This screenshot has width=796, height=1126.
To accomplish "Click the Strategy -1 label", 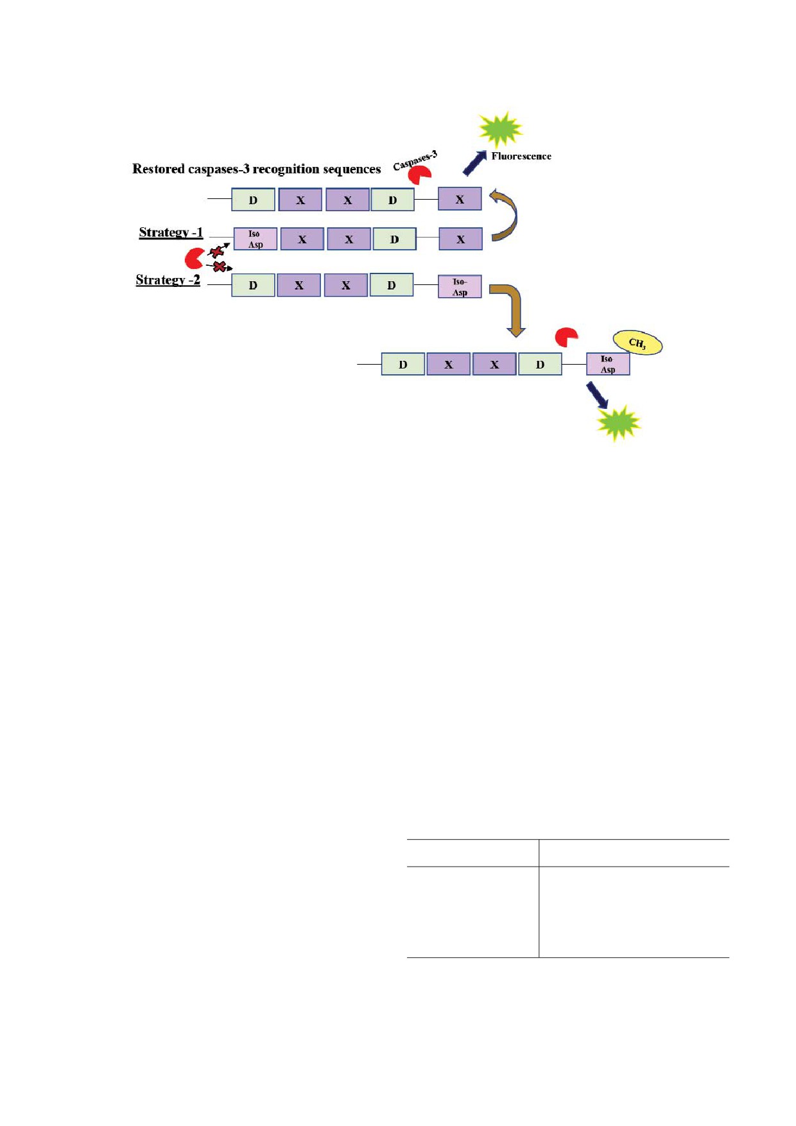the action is (171, 232).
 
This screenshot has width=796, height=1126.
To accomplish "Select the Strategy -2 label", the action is (168, 280).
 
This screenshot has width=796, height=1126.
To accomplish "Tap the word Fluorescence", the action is (521, 156).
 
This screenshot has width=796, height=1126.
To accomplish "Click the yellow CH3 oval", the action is (637, 342).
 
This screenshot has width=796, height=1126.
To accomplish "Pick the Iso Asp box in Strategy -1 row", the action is (255, 239).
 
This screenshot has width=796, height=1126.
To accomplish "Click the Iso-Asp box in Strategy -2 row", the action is (460, 287).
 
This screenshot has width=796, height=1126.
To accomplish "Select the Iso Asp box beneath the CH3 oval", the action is (608, 364).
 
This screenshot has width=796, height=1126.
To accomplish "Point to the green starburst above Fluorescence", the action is (501, 129).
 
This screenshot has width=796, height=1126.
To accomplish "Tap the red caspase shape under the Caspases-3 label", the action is (420, 175).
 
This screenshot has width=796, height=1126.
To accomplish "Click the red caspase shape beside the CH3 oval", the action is (566, 337).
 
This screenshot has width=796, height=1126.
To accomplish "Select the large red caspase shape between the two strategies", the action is (194, 258).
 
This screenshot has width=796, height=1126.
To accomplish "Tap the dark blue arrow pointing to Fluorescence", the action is (474, 163).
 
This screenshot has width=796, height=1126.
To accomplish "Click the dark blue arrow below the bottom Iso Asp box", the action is (597, 395).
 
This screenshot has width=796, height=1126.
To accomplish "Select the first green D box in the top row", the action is (253, 200).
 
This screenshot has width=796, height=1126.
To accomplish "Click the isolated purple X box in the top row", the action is (460, 199).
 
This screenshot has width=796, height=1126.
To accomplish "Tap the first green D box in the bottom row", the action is (402, 364).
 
